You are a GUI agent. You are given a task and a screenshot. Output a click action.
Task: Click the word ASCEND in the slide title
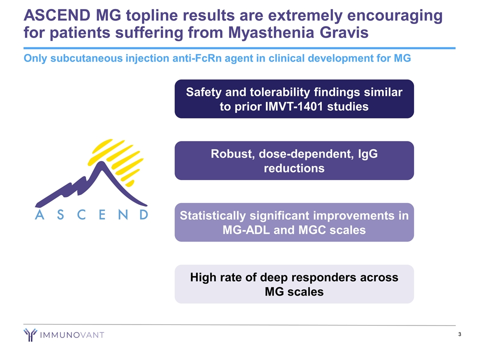(57, 15)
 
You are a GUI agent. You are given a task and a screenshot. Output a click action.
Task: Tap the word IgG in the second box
(367, 154)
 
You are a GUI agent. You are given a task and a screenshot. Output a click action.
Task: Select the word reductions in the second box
(294, 168)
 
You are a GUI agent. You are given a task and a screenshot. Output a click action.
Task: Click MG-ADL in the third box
(246, 230)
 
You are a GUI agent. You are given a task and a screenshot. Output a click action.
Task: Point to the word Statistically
(213, 216)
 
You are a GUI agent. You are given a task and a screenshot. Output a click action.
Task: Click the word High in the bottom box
(202, 277)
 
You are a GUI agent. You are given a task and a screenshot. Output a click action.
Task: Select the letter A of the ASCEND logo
(39, 214)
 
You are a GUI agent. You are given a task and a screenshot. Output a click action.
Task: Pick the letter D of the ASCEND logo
(144, 214)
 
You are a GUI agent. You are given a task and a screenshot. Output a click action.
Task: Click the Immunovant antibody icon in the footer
(30, 334)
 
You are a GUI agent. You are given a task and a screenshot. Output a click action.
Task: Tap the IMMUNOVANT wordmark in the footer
(72, 335)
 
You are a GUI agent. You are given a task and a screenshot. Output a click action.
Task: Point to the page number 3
(459, 334)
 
